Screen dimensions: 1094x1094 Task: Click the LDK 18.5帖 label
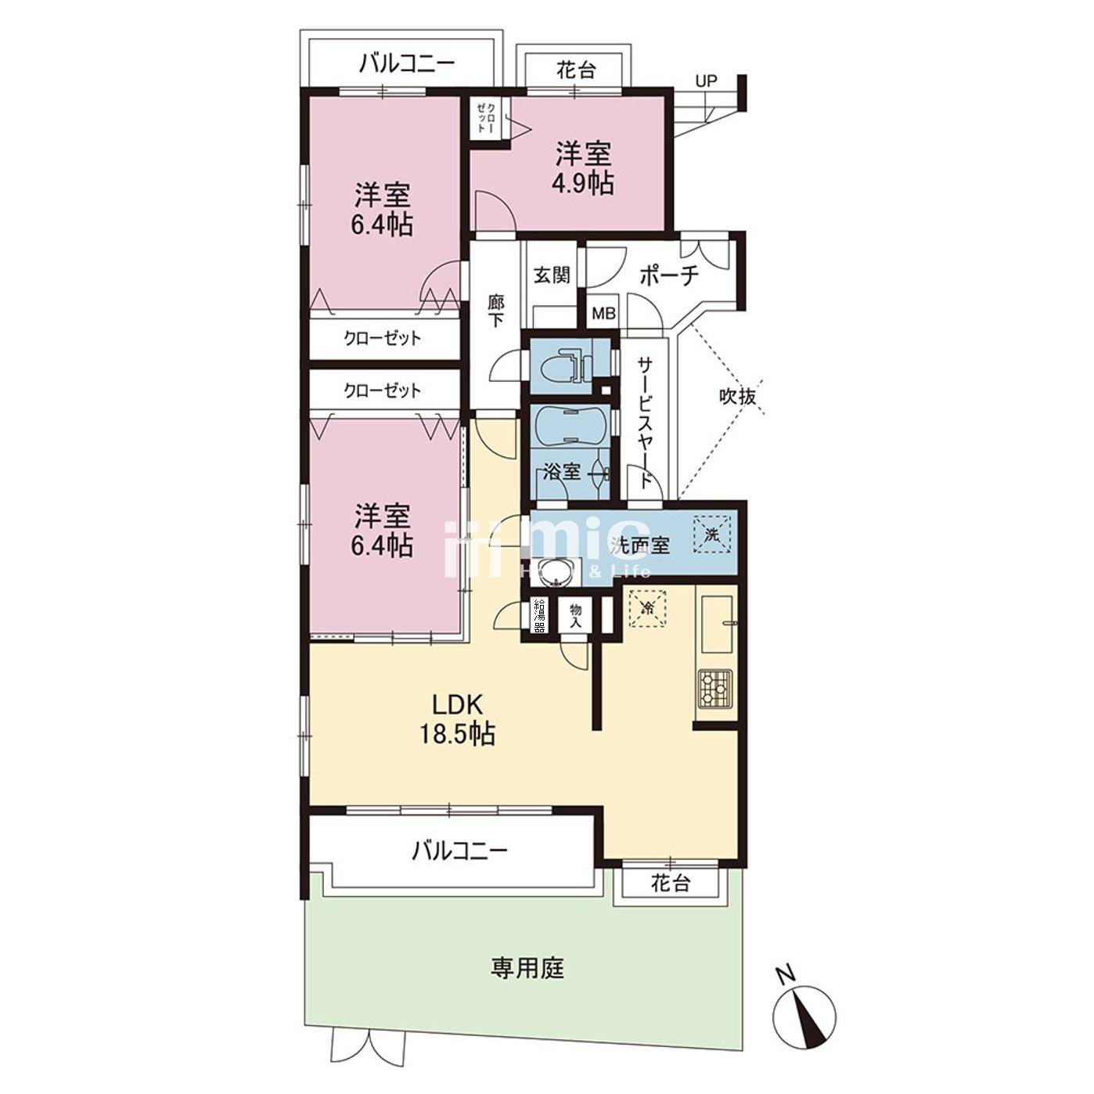click(463, 718)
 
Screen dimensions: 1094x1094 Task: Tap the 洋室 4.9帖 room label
click(583, 167)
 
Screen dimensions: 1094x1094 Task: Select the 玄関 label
click(552, 275)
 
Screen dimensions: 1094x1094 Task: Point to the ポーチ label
click(668, 275)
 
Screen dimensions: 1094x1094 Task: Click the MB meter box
click(603, 314)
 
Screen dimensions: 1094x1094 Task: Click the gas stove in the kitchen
click(714, 689)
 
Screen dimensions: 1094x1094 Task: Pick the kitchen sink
click(717, 624)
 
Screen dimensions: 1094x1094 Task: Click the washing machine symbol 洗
click(711, 535)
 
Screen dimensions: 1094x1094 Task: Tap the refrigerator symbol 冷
click(647, 607)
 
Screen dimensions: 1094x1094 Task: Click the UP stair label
click(706, 81)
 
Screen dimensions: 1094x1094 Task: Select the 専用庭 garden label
click(527, 969)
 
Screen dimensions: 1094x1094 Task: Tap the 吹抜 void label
click(737, 397)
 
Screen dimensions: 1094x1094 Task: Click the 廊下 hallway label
click(495, 311)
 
